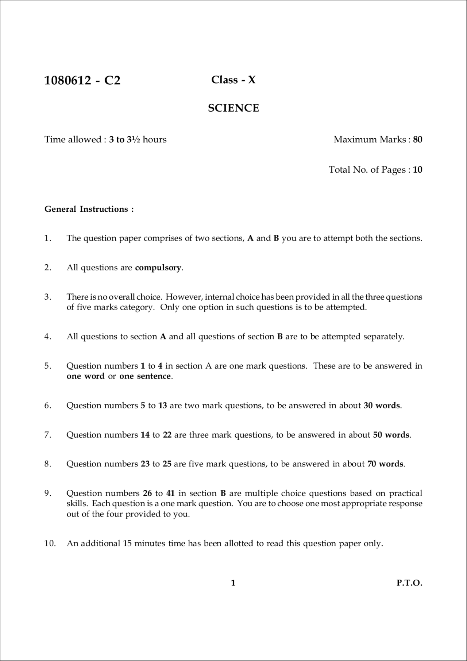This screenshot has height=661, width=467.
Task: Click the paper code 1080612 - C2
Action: click(x=82, y=80)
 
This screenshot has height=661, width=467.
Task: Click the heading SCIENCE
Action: click(x=233, y=108)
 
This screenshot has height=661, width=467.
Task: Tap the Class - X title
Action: click(x=233, y=80)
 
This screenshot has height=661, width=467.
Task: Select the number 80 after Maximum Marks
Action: click(x=418, y=139)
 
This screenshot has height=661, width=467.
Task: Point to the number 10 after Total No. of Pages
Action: click(x=418, y=170)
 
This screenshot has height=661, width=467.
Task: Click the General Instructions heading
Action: click(x=89, y=209)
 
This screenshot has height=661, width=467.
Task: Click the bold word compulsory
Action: click(x=158, y=268)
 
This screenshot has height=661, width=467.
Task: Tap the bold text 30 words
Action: click(x=382, y=406)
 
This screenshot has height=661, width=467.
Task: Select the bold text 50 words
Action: click(x=391, y=435)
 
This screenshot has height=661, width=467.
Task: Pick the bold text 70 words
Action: click(x=386, y=464)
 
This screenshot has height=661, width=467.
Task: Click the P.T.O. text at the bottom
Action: click(x=409, y=583)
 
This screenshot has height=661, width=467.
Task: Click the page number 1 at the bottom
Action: click(x=233, y=583)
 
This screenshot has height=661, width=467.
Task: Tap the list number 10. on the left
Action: click(x=50, y=543)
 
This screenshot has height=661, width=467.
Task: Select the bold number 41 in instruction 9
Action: click(x=170, y=493)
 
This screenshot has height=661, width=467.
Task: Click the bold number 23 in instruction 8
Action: click(x=145, y=464)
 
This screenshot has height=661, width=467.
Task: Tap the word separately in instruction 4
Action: click(x=386, y=337)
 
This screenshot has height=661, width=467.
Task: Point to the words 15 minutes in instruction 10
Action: click(x=145, y=543)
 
